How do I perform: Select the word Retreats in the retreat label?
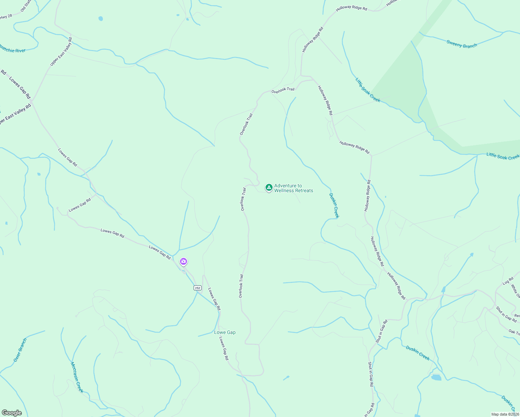coord(304,191)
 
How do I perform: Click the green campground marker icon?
coord(269,188)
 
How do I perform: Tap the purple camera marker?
coord(184,262)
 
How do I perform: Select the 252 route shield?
coord(197,288)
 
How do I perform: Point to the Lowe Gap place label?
coord(225,333)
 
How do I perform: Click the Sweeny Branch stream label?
coord(462,44)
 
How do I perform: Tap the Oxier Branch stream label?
coord(20,350)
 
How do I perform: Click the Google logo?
coord(12,413)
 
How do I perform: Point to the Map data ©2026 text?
coord(505,414)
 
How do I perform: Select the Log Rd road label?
coord(508,281)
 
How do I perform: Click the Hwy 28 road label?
coord(6,16)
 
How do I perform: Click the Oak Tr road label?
coord(514,333)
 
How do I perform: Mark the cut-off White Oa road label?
coord(515,292)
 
